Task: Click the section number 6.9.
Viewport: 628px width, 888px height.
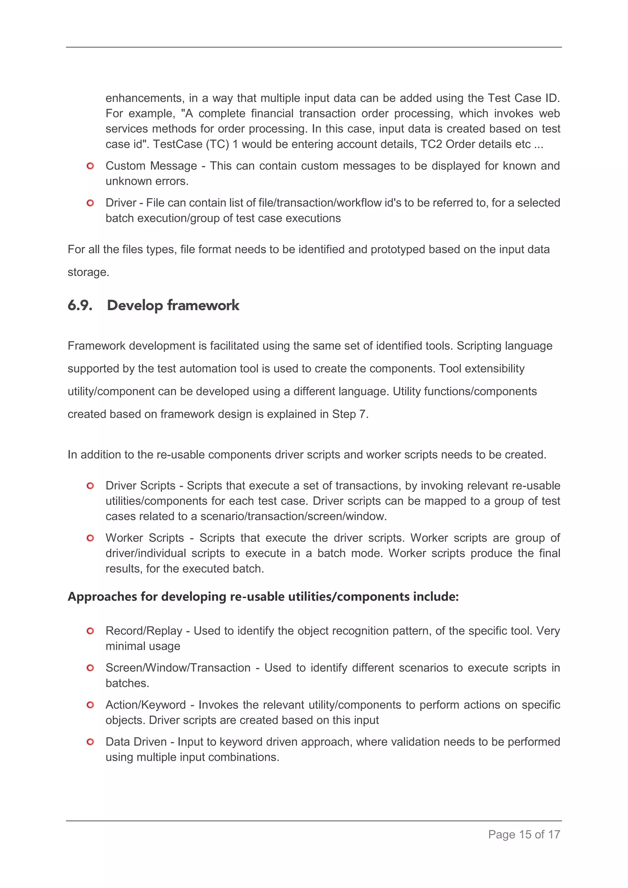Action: pos(80,306)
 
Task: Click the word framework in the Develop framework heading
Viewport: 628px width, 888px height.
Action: pos(203,306)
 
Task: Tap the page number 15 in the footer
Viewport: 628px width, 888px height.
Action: pos(525,834)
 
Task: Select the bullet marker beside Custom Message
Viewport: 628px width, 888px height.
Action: pos(90,166)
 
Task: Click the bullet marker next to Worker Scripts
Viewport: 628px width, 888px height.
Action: pos(90,538)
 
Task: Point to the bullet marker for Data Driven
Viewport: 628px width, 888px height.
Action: pos(90,742)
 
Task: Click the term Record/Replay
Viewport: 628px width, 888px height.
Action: pos(144,631)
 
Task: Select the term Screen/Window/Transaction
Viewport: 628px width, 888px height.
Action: pos(178,668)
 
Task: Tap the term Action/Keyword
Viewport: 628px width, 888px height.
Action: pos(145,705)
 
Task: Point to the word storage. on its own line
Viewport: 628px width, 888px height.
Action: pos(88,272)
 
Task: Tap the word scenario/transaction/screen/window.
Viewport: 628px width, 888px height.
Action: pos(293,516)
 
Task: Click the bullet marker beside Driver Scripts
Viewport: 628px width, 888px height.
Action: pos(90,486)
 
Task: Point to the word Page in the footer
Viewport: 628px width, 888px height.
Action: pos(501,834)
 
